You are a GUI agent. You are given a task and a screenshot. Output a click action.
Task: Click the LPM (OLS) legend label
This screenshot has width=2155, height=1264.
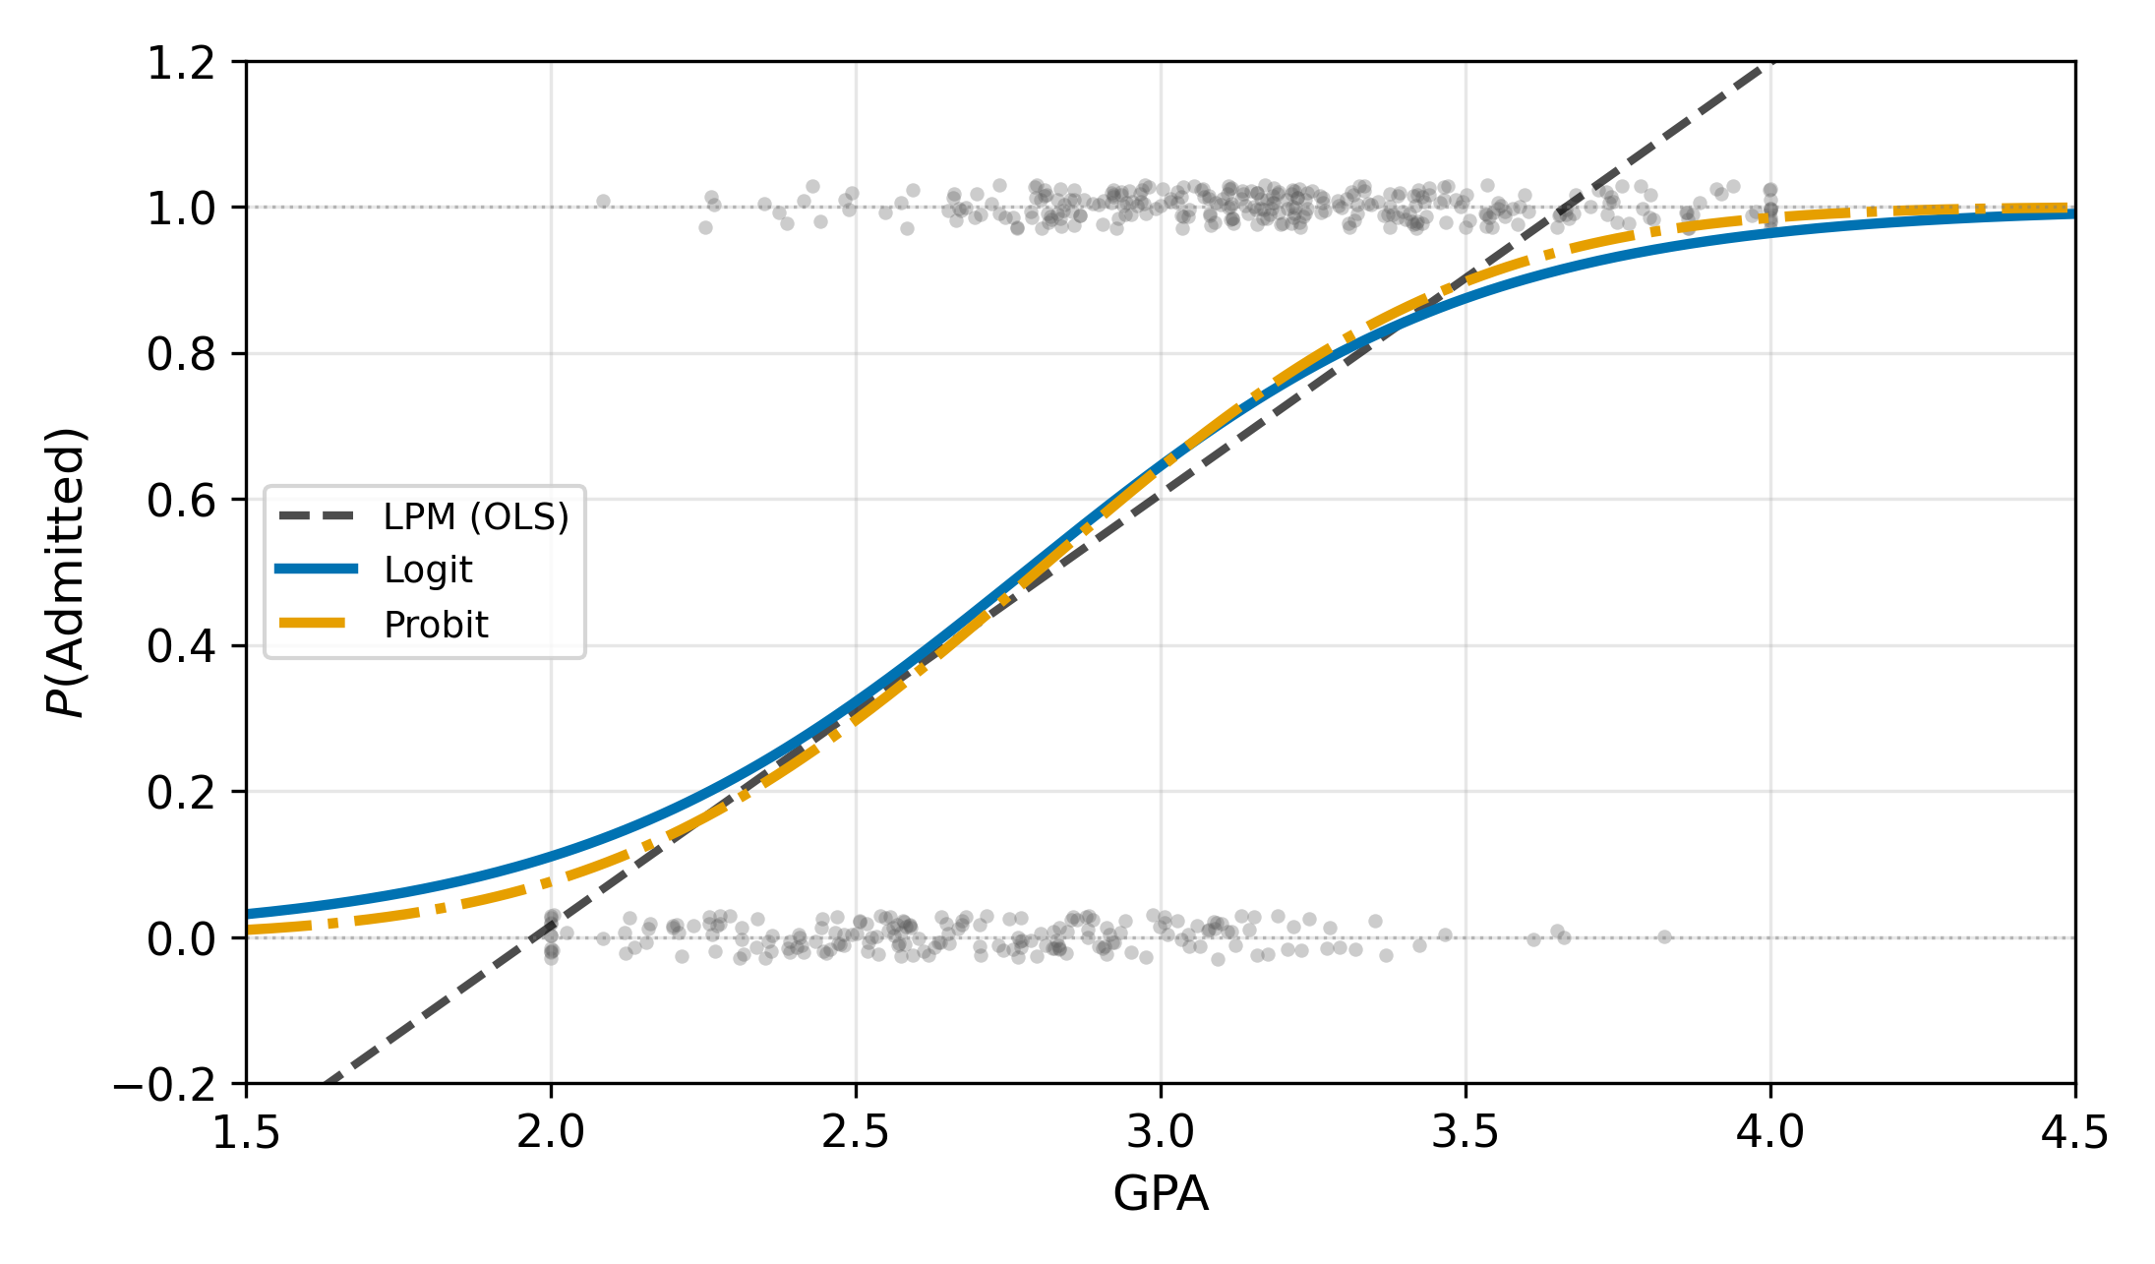476,516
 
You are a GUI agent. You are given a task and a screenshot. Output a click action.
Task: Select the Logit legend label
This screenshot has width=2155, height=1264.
428,571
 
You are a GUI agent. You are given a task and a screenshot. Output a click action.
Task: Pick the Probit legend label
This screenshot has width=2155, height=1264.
436,625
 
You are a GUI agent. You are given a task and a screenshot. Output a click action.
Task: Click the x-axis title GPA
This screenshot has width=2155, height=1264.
1161,1194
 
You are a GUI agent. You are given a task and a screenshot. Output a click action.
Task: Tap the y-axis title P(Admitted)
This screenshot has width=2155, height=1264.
67,572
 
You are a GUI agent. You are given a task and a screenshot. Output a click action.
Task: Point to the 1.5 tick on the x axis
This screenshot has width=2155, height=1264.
246,1133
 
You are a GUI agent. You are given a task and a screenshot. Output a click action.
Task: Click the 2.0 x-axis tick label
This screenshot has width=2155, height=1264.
551,1133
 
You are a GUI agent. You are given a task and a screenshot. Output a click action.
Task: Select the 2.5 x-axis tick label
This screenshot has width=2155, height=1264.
856,1133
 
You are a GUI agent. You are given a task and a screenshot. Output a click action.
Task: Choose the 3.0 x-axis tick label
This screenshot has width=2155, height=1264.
1161,1133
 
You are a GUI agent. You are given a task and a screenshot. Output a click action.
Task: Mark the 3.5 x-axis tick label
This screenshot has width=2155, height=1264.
1466,1133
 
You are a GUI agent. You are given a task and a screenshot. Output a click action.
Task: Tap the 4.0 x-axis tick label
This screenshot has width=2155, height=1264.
1770,1133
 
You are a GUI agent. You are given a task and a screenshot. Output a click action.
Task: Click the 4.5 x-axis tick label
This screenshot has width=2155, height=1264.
2075,1133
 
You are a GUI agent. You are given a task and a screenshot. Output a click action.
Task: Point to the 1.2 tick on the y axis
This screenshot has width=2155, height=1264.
181,63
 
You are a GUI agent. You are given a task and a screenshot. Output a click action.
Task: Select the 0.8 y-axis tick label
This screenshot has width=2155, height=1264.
181,354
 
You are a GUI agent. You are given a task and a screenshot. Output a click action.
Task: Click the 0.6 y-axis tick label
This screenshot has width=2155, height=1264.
181,501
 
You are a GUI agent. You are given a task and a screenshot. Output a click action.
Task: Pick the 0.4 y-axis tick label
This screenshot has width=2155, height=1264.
181,646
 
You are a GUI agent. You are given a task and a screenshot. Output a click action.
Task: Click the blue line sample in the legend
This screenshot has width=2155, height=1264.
316,569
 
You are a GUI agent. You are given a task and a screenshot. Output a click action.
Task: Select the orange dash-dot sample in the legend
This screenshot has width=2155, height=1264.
316,624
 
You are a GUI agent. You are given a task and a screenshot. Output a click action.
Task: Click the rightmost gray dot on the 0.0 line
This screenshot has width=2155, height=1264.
1664,936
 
